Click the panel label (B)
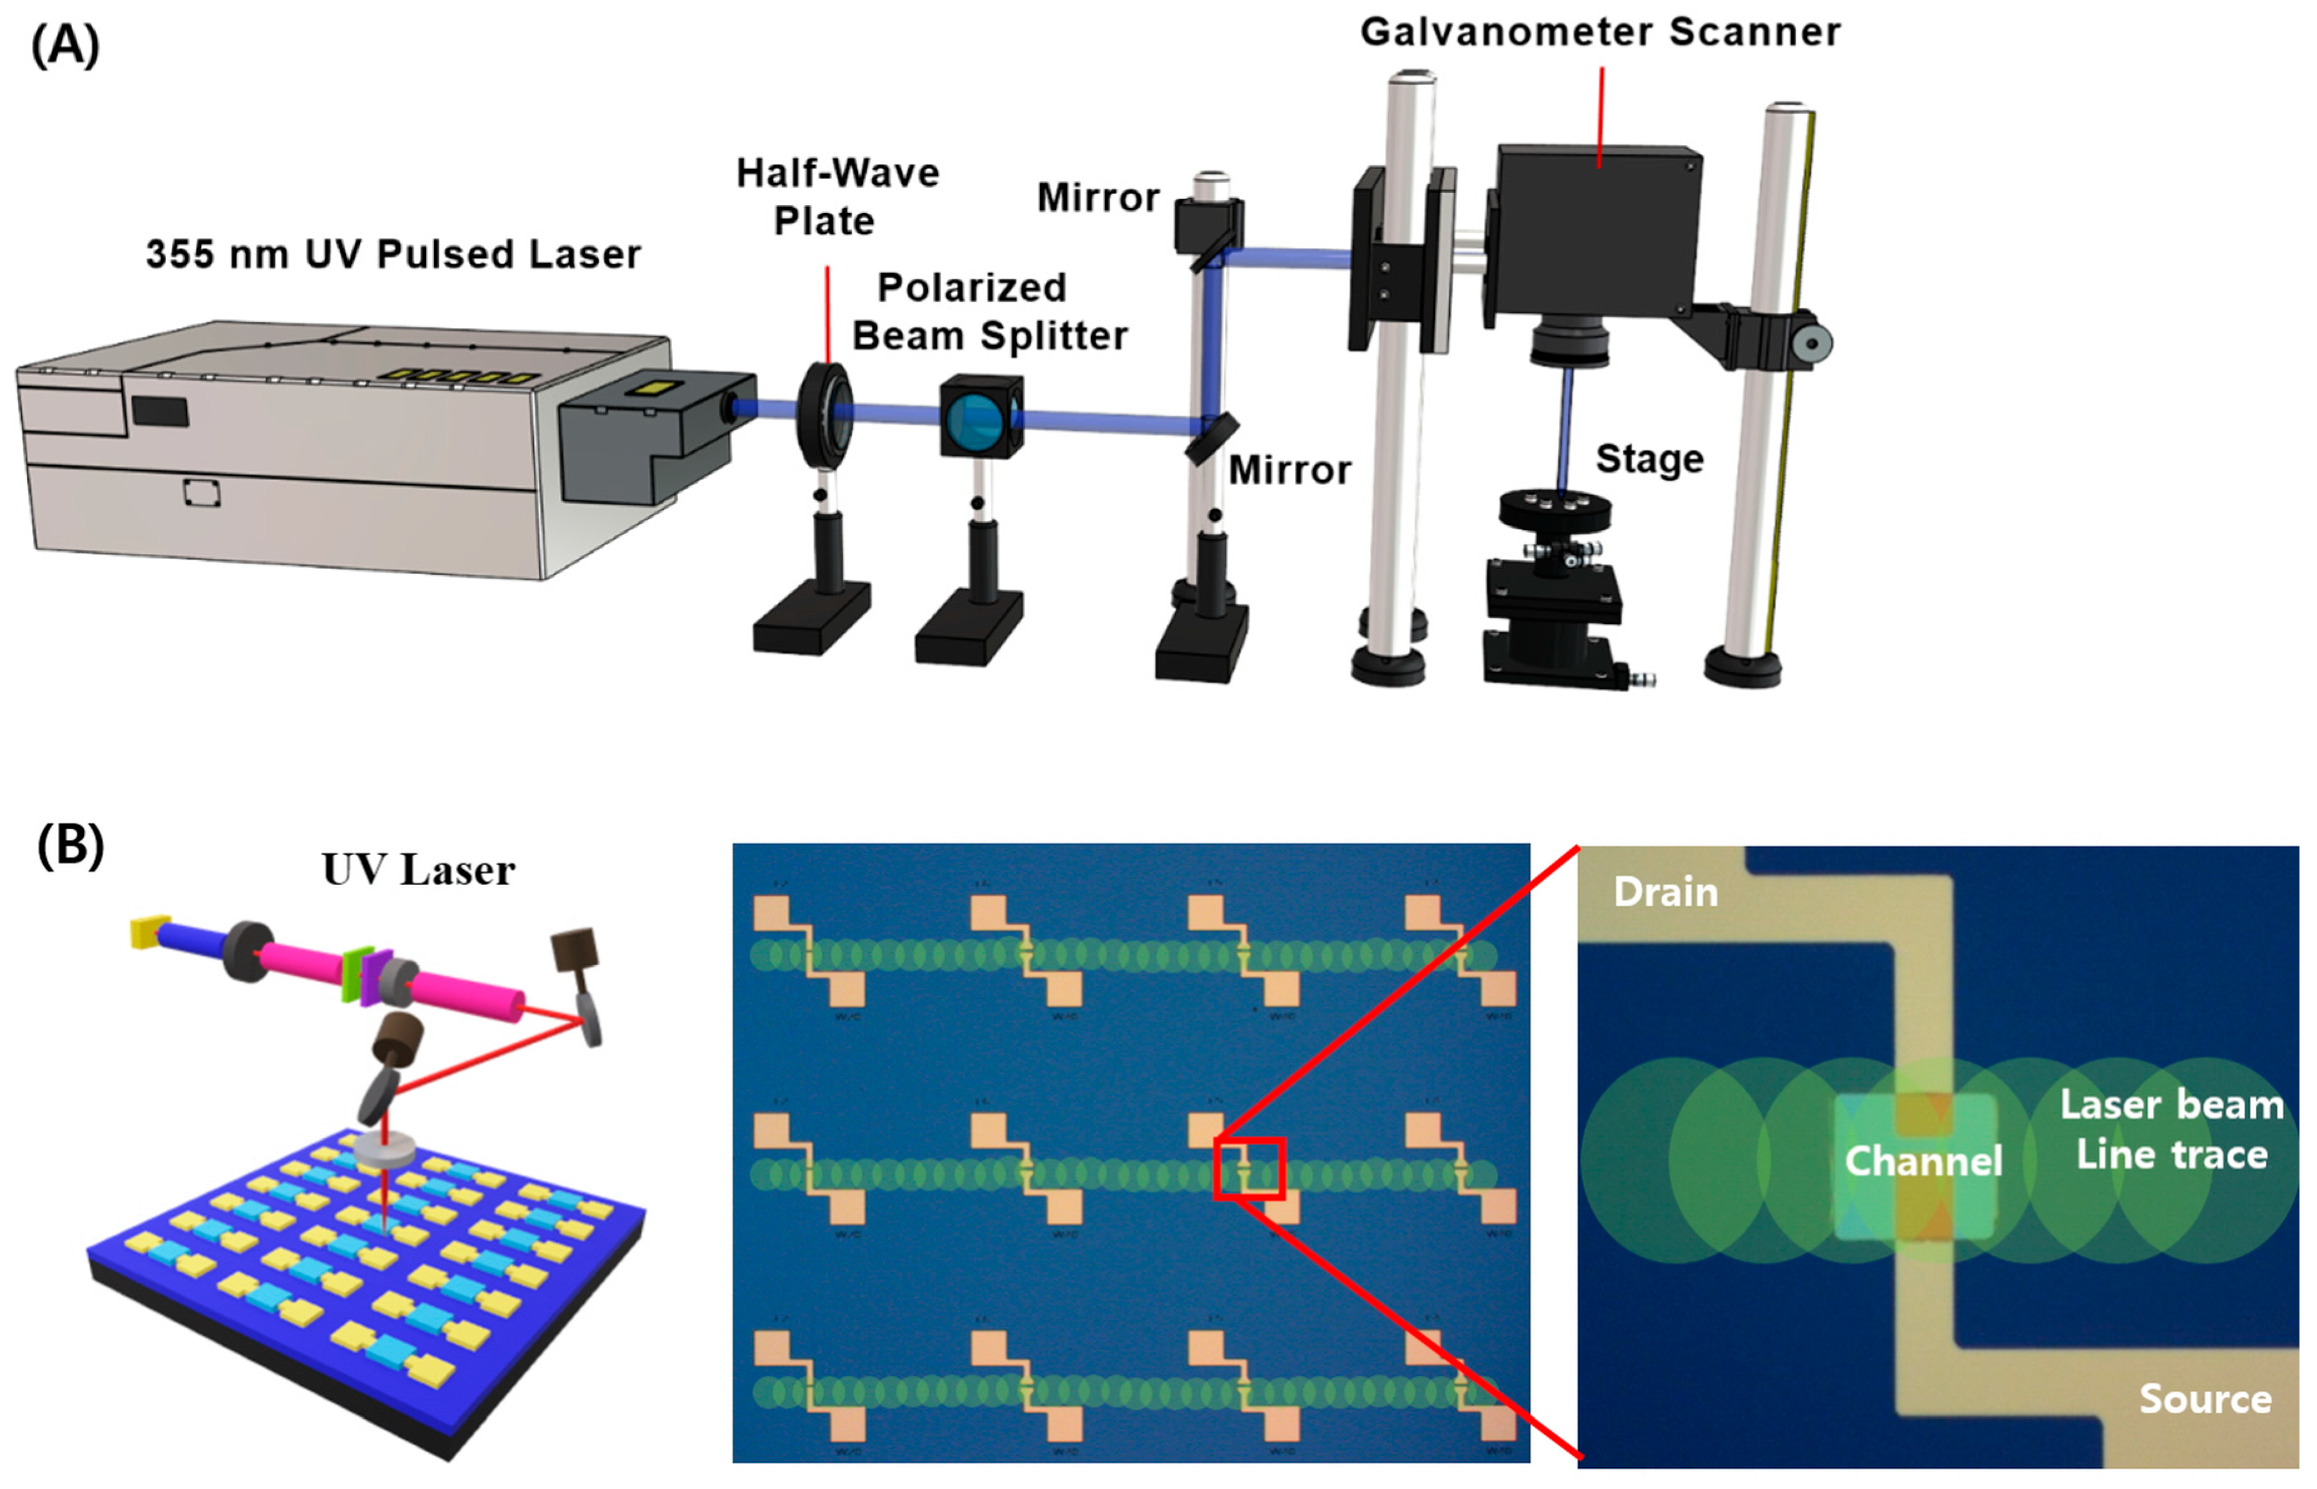(69, 846)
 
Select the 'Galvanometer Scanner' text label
(1600, 32)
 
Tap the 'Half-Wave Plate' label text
(837, 197)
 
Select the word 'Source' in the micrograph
(2205, 1398)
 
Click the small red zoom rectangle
(1249, 1169)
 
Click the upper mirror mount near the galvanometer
(1209, 227)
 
